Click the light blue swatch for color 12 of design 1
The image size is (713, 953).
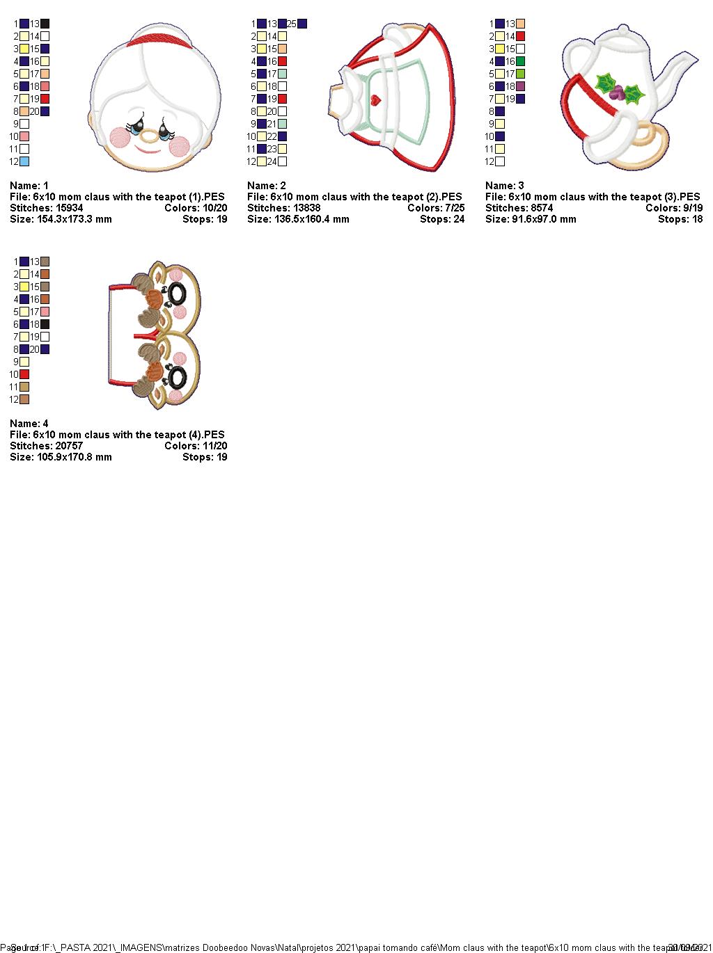point(24,161)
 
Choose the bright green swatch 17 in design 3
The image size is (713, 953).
point(520,74)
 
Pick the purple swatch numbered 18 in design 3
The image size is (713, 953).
point(520,86)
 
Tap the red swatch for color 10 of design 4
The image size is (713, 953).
point(24,374)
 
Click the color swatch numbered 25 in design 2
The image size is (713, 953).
point(301,24)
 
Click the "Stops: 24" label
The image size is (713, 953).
point(441,219)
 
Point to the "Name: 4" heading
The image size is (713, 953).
point(29,424)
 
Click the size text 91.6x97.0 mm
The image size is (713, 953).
point(542,219)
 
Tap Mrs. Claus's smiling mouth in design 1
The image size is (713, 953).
point(147,150)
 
